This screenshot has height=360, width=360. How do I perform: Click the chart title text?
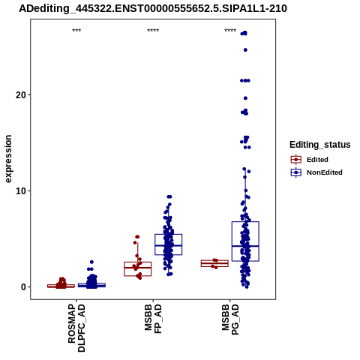(153, 9)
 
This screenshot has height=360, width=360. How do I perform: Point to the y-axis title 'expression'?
(8, 159)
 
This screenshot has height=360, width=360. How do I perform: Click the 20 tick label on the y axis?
(21, 95)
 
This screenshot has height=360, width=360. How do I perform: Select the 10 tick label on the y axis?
(21, 191)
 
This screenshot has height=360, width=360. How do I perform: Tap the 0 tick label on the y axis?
(23, 287)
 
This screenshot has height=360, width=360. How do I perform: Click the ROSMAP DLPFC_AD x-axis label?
(76, 328)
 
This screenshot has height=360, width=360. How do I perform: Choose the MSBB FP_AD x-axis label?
(153, 319)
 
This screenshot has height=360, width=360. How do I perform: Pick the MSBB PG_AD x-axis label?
(230, 319)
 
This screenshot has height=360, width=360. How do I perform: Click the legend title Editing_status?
(320, 145)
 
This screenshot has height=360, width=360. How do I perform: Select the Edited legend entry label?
(317, 160)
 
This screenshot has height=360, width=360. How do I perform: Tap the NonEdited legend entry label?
(325, 172)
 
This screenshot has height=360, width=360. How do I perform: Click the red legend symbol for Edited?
(296, 160)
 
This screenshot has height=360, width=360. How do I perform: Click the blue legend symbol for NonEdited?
(296, 172)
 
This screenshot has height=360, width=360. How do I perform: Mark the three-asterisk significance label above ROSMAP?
(76, 31)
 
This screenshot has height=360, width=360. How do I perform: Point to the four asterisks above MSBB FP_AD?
(153, 31)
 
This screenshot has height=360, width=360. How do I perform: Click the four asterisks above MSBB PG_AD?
(230, 31)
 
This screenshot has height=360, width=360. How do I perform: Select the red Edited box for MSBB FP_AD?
(138, 262)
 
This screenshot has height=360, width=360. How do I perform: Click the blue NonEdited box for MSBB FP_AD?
(169, 235)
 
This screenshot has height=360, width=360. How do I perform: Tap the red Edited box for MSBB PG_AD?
(214, 260)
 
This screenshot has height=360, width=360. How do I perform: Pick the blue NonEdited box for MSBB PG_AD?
(245, 222)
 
